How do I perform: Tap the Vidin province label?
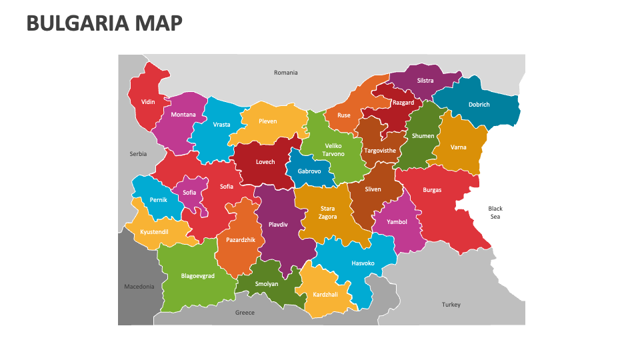148,102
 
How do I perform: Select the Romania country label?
286,72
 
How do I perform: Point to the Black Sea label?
495,212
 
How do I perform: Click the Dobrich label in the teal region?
479,104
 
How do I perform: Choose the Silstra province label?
425,81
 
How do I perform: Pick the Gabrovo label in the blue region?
309,171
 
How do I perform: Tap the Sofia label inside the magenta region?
190,193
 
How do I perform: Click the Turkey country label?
451,304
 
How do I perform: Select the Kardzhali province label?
325,294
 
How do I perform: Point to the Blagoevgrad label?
198,275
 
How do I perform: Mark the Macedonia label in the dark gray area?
139,287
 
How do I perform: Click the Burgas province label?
432,190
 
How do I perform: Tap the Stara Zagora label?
327,212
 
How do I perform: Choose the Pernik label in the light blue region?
159,199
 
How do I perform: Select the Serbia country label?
138,154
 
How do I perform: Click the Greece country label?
245,312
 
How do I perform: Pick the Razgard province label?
403,103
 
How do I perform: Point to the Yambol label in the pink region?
397,222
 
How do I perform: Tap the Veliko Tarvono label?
333,149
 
